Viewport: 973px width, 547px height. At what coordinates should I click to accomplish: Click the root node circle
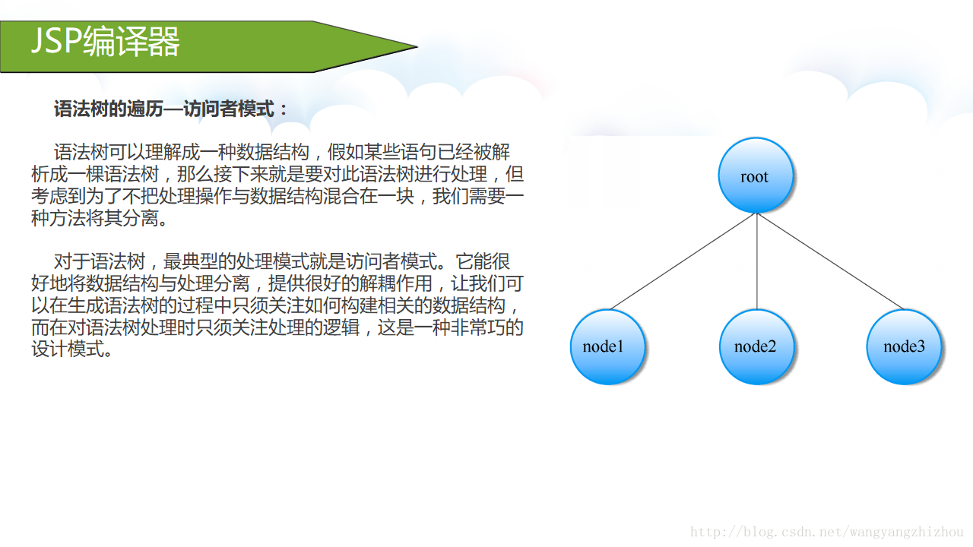[756, 176]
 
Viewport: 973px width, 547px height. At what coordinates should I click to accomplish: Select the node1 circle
[607, 346]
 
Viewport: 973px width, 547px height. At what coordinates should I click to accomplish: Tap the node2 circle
[756, 346]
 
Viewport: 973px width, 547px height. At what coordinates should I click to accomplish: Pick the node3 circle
[904, 346]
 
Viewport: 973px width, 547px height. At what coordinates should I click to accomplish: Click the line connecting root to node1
[682, 261]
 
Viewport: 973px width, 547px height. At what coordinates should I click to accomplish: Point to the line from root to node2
[756, 262]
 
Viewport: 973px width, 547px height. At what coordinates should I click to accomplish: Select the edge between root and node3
[830, 261]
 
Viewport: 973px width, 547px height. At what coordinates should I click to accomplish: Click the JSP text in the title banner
[55, 42]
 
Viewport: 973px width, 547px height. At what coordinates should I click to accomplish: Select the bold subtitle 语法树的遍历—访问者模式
[170, 109]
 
